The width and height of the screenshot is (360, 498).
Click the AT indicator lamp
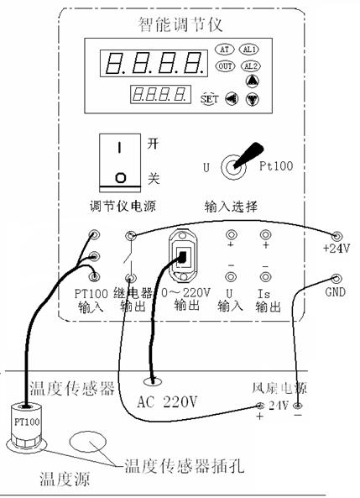[224, 50]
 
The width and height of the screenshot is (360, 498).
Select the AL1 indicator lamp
[249, 50]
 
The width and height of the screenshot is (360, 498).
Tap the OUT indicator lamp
[225, 66]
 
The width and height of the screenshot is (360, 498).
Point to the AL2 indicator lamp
[250, 66]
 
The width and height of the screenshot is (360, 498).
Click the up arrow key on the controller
[253, 81]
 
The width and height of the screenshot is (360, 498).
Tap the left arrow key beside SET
[232, 98]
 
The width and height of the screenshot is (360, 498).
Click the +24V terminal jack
[337, 236]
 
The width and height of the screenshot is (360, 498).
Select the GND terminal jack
[337, 279]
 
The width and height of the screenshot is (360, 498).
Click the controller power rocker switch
[120, 163]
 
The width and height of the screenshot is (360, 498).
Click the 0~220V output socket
[183, 256]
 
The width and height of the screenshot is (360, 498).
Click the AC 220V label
[167, 401]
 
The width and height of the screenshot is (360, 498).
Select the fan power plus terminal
[260, 406]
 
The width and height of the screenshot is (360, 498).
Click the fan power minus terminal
[297, 406]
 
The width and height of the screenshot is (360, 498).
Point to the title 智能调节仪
[180, 24]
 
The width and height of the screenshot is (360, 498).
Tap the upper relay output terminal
[131, 235]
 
